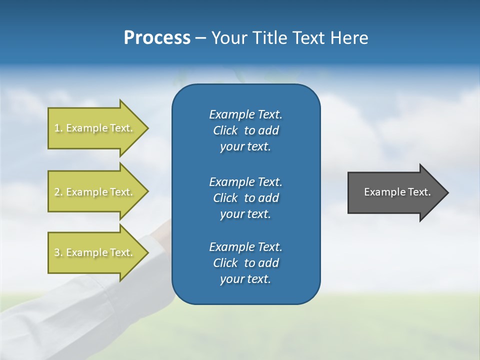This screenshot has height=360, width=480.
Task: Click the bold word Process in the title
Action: coord(157,38)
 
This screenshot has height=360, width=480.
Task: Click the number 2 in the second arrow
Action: coord(57,192)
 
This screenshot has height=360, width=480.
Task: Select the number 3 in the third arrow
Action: coord(57,252)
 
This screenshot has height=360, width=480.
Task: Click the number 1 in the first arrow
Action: coord(57,128)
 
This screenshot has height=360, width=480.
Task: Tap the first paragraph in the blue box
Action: coord(245,130)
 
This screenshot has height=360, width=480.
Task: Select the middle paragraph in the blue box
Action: coord(245,197)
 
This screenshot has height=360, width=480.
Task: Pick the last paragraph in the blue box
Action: coord(245,263)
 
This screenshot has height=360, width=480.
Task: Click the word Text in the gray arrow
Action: coord(420,192)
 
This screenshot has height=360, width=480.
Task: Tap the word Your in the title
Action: coord(227,38)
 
